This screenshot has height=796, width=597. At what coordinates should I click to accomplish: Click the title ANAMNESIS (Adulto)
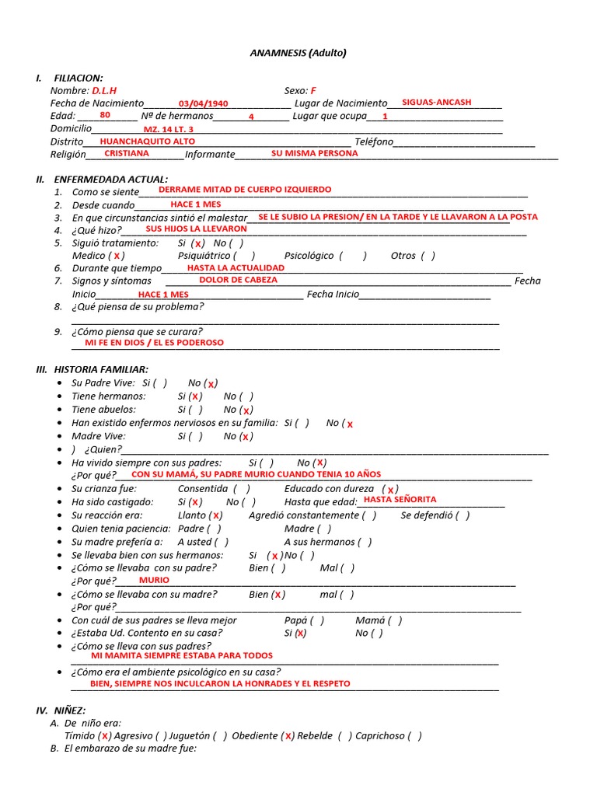(298, 53)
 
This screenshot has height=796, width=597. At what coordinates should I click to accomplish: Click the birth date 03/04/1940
(203, 104)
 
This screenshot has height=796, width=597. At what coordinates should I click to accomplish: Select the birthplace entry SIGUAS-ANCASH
(436, 103)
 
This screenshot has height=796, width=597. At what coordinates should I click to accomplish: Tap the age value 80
(105, 115)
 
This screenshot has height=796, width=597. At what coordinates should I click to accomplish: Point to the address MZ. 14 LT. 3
(169, 129)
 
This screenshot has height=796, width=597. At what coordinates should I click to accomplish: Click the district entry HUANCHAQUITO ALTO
(148, 141)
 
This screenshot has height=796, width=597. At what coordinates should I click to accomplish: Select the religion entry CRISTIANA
(127, 154)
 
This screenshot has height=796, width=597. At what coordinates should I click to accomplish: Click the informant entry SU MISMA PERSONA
(314, 154)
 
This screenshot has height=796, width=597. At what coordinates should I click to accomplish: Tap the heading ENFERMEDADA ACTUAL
(110, 179)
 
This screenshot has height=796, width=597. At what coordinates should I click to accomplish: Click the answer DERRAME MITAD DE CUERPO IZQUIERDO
(244, 190)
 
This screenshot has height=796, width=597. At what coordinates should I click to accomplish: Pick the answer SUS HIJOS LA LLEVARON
(196, 229)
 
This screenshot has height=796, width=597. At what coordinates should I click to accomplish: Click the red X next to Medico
(117, 256)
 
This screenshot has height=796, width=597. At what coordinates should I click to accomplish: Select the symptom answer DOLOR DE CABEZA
(238, 280)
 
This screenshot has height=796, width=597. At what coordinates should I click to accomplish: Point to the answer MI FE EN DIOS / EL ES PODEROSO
(154, 343)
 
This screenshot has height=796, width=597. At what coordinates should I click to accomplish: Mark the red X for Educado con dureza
(390, 490)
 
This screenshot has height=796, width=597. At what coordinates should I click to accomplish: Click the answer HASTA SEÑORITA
(400, 500)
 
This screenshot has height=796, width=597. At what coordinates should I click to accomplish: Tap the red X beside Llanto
(216, 515)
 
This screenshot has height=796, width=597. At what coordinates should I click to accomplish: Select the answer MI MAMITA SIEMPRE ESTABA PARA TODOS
(182, 656)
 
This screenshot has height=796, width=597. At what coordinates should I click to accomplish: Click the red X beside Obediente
(288, 736)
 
